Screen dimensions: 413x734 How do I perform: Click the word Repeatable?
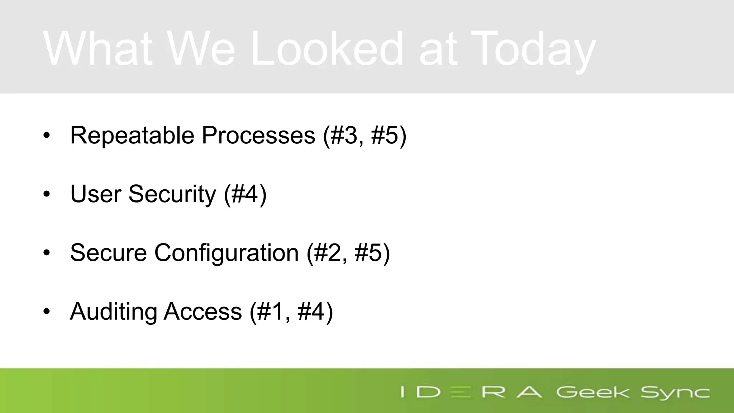[132, 135]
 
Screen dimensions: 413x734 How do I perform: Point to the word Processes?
[258, 135]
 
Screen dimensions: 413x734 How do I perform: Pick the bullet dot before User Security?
[47, 194]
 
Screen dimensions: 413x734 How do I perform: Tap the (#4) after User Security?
[245, 194]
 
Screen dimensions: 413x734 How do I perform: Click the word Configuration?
[227, 253]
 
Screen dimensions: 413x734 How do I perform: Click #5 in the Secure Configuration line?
[369, 253]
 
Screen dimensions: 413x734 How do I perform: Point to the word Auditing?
[113, 311]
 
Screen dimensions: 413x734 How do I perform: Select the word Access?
[203, 311]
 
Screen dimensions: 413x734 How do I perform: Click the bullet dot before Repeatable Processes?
[47, 136]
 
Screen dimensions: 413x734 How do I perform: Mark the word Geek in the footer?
[592, 392]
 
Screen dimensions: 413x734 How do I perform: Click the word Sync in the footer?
[675, 392]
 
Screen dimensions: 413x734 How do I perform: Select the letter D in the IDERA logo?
[429, 392]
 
